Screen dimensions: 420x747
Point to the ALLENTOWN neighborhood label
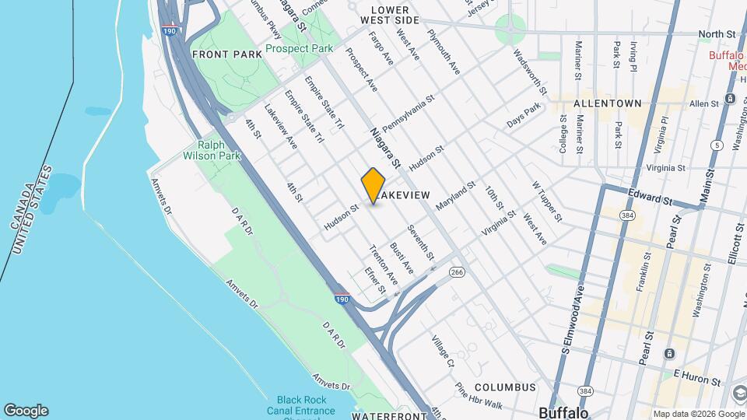coord(607,103)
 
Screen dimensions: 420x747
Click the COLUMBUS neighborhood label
coord(505,387)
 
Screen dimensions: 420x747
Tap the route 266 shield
coord(457,271)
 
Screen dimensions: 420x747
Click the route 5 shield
coord(716,145)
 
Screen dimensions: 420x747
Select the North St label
coord(717,34)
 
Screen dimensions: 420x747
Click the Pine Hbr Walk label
coord(479,395)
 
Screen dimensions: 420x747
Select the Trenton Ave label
coord(383,264)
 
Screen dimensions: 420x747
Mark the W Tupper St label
coord(546,201)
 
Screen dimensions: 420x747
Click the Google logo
coord(26,411)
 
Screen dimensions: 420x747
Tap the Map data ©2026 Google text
coord(698,414)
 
